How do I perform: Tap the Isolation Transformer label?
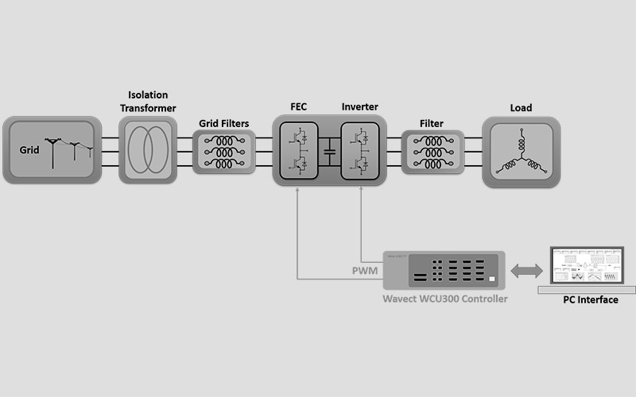[x=148, y=102]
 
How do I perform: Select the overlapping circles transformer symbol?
[x=148, y=150]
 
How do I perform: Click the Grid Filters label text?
[x=223, y=123]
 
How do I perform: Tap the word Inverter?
[x=359, y=107]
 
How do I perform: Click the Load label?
[x=521, y=108]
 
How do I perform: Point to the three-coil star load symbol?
[x=521, y=153]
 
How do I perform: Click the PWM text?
[x=365, y=272]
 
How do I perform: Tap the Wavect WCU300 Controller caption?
[x=444, y=299]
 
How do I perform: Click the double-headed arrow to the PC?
[x=525, y=272]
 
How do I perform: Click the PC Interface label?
[x=590, y=299]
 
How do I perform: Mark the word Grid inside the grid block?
[x=30, y=149]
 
